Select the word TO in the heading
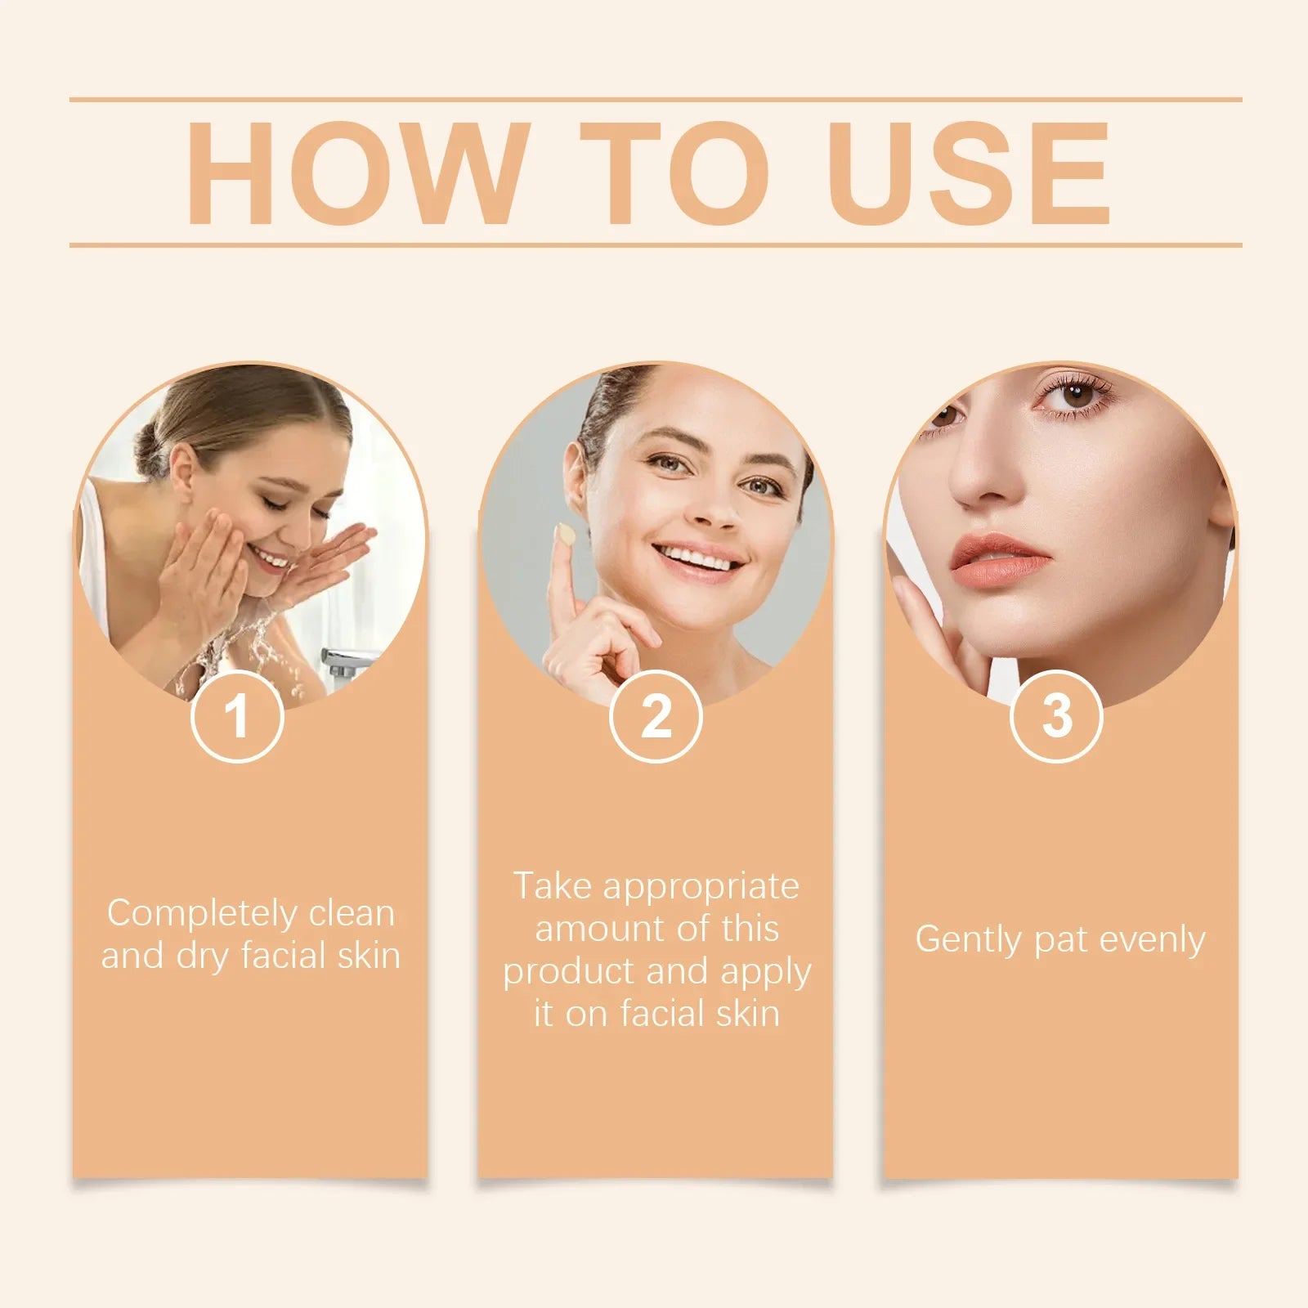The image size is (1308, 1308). (x=674, y=172)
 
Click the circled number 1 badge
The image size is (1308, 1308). (x=237, y=716)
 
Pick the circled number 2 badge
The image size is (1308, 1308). (x=656, y=716)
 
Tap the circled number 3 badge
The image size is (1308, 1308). (x=1056, y=716)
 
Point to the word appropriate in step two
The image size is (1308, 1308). (x=701, y=887)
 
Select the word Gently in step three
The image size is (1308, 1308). (x=969, y=939)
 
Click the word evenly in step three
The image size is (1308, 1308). (x=1151, y=939)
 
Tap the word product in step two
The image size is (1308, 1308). (x=568, y=972)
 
